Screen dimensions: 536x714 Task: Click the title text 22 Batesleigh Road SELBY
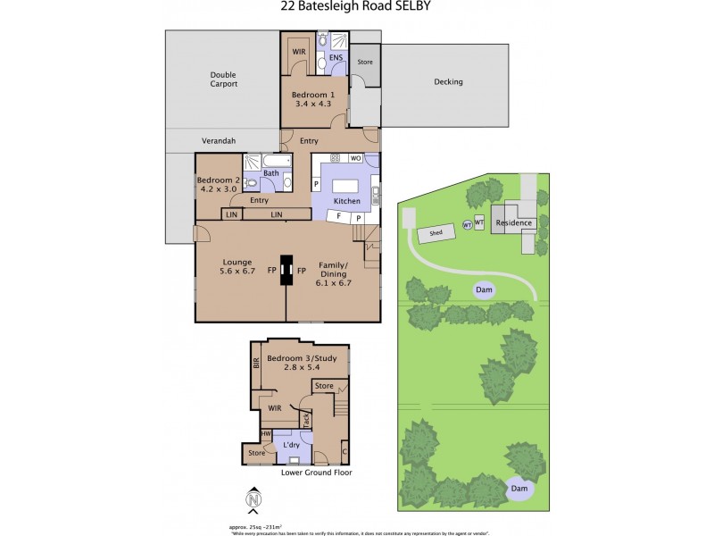click(356, 8)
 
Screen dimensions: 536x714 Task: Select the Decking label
click(448, 82)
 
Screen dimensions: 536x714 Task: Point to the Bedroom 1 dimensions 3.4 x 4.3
click(313, 104)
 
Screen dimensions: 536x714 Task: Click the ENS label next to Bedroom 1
click(336, 59)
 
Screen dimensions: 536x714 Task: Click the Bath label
click(271, 173)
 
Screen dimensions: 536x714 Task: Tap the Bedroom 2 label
click(217, 180)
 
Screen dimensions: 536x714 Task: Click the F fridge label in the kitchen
click(339, 217)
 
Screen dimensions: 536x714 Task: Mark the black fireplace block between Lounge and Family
click(286, 270)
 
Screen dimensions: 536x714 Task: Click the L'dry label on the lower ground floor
click(290, 445)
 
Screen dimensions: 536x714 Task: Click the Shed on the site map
click(436, 233)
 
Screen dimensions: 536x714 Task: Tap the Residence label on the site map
click(514, 223)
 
